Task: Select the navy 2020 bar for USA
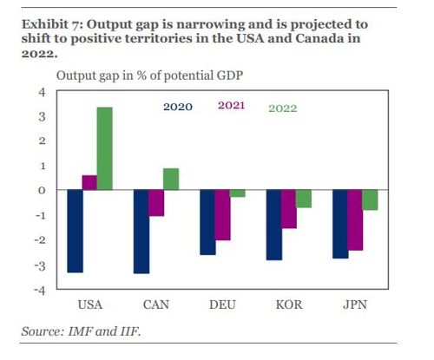(x=74, y=231)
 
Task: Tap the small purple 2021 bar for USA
(x=89, y=182)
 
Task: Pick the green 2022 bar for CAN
(x=171, y=179)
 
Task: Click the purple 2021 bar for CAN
(x=155, y=203)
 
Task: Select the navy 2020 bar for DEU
(x=207, y=222)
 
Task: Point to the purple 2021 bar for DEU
(x=222, y=215)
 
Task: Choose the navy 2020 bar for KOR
(x=273, y=225)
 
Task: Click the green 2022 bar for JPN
(x=371, y=200)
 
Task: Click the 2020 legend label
(x=178, y=108)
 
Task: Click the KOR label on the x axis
(x=288, y=305)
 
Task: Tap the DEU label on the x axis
(x=222, y=305)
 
